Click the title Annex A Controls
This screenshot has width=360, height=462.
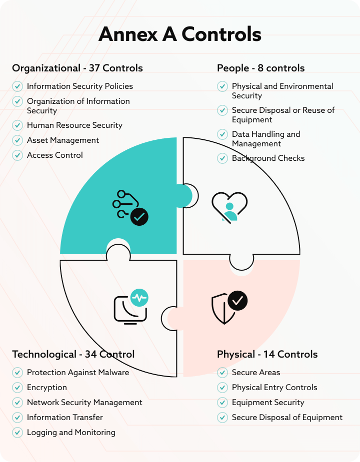(x=180, y=34)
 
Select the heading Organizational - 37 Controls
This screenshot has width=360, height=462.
(x=77, y=68)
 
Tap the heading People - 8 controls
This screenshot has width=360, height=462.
(x=260, y=68)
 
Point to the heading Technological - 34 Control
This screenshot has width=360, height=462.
(x=73, y=354)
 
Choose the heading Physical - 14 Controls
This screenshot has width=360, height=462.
(x=267, y=354)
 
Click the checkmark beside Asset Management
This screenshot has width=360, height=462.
(x=17, y=140)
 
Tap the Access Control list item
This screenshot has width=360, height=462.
(x=55, y=155)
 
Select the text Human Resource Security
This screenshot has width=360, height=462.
(x=74, y=125)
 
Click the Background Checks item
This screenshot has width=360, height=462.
(x=268, y=158)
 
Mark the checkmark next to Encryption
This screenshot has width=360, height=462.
(x=17, y=388)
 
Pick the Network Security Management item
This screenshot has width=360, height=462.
(x=84, y=403)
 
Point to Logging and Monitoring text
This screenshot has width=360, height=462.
(x=71, y=433)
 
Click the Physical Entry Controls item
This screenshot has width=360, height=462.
(x=274, y=388)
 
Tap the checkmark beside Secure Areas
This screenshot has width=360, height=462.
(x=222, y=373)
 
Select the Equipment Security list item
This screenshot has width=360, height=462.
(x=268, y=403)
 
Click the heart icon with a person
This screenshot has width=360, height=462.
(x=229, y=206)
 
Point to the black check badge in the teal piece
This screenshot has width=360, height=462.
(x=139, y=217)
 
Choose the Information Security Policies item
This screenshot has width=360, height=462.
(x=80, y=86)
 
